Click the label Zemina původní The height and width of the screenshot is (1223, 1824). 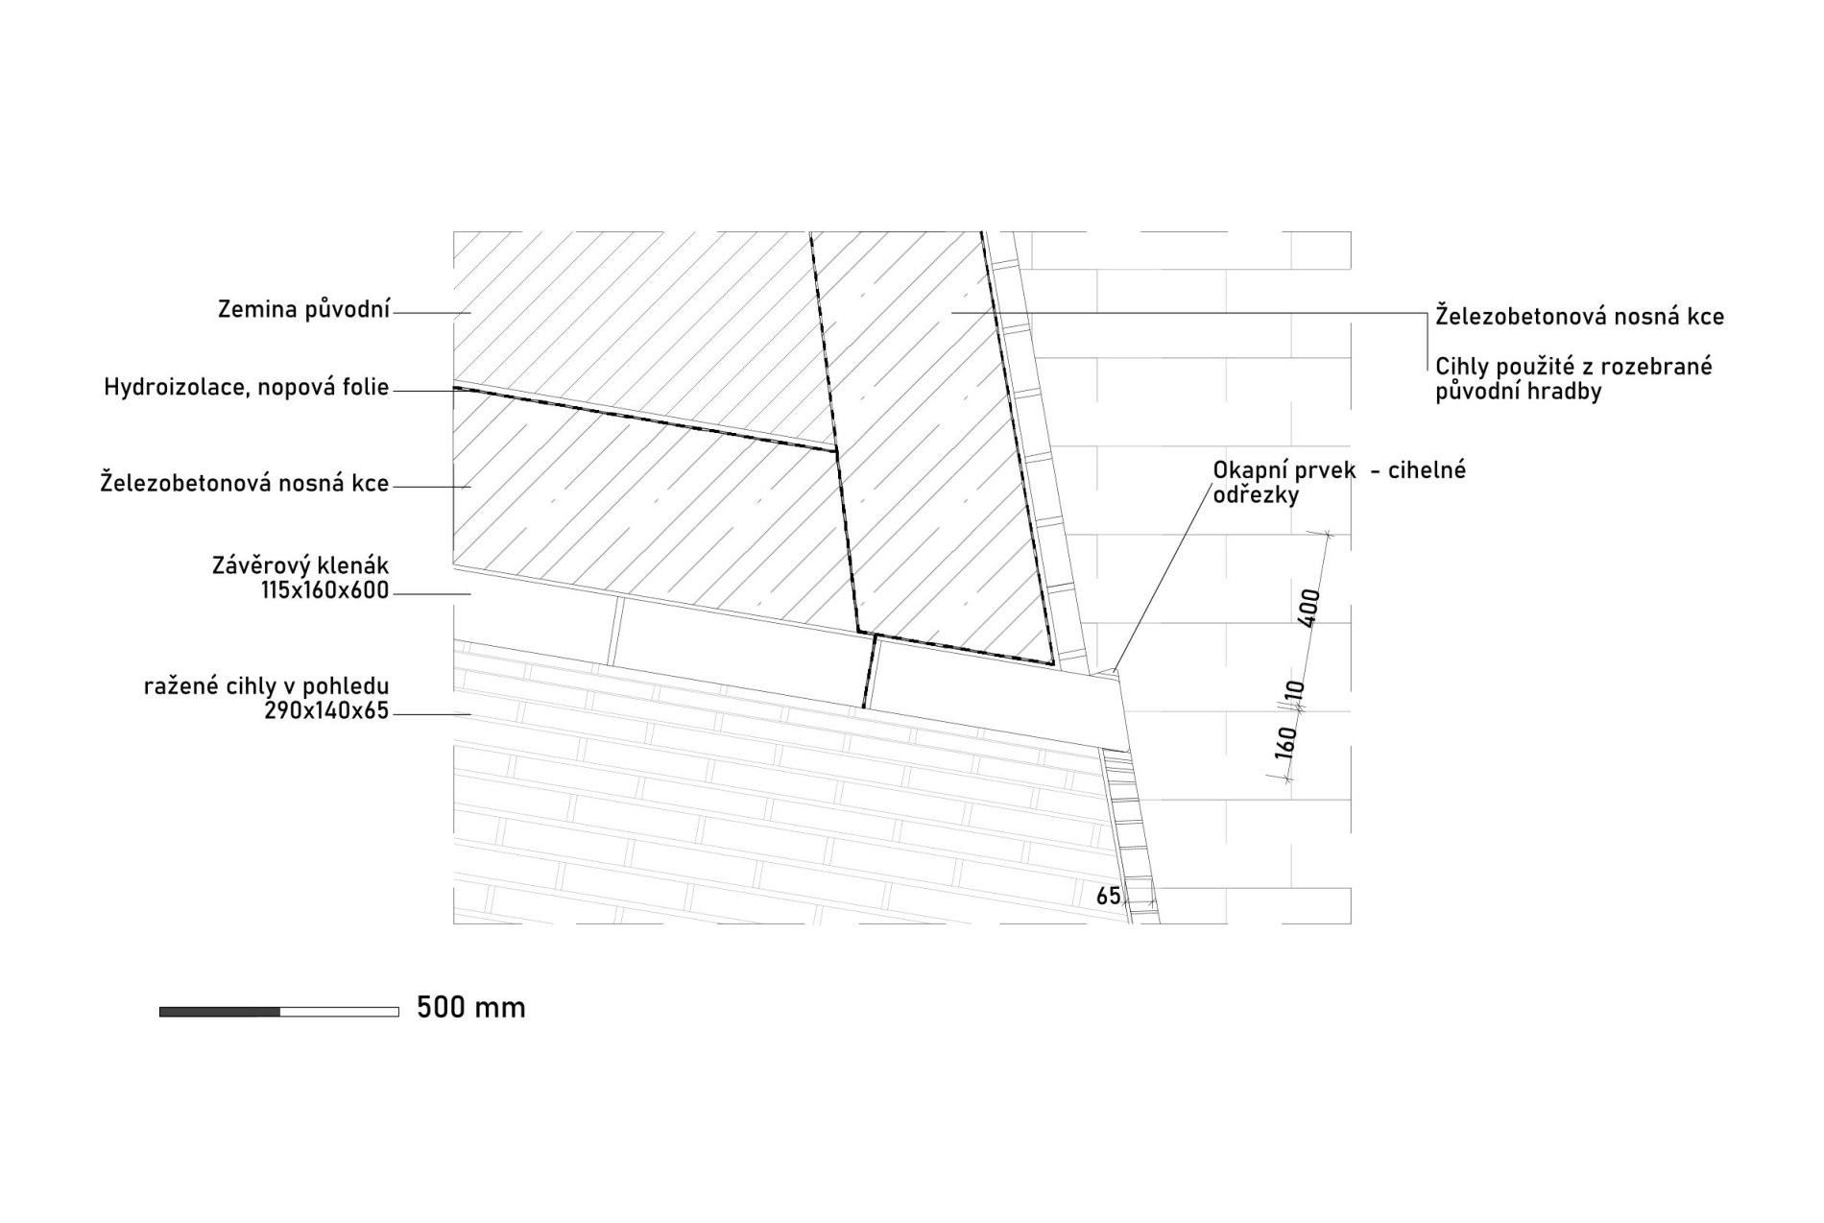[304, 311]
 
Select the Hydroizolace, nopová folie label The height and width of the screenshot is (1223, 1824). [247, 388]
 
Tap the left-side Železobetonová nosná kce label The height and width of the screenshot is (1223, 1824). [245, 484]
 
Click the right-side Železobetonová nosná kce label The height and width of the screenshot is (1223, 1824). [1580, 316]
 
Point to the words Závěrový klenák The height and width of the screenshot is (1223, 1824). [300, 566]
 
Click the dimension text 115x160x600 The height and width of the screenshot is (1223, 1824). [324, 591]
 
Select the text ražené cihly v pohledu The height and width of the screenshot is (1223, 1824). [267, 686]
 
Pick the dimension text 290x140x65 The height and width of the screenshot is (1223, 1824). [325, 711]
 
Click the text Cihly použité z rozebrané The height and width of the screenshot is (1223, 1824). [1574, 367]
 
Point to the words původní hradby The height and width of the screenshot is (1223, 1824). [1519, 392]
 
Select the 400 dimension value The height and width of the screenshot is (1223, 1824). [1309, 609]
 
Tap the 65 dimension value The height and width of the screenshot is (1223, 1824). [1109, 896]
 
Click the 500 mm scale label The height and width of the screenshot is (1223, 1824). [471, 1007]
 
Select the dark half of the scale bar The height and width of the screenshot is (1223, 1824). [220, 1011]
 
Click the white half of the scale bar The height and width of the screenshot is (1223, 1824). [340, 1011]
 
